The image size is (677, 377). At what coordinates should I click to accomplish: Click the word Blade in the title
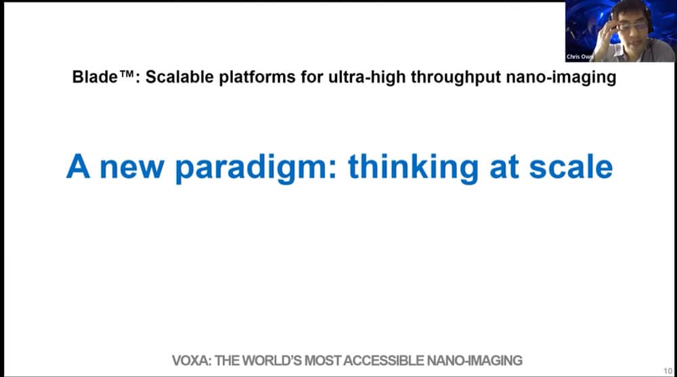(x=95, y=77)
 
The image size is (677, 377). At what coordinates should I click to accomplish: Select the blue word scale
(x=571, y=167)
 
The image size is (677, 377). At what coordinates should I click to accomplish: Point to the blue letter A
(x=78, y=166)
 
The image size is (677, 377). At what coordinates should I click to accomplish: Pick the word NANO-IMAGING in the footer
(x=475, y=360)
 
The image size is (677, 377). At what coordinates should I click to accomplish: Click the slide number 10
(x=668, y=371)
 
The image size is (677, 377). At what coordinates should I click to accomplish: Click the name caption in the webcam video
(x=580, y=57)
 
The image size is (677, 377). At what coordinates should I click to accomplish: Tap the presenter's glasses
(x=632, y=26)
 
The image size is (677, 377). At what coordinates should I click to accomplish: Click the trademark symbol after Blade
(x=126, y=74)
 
